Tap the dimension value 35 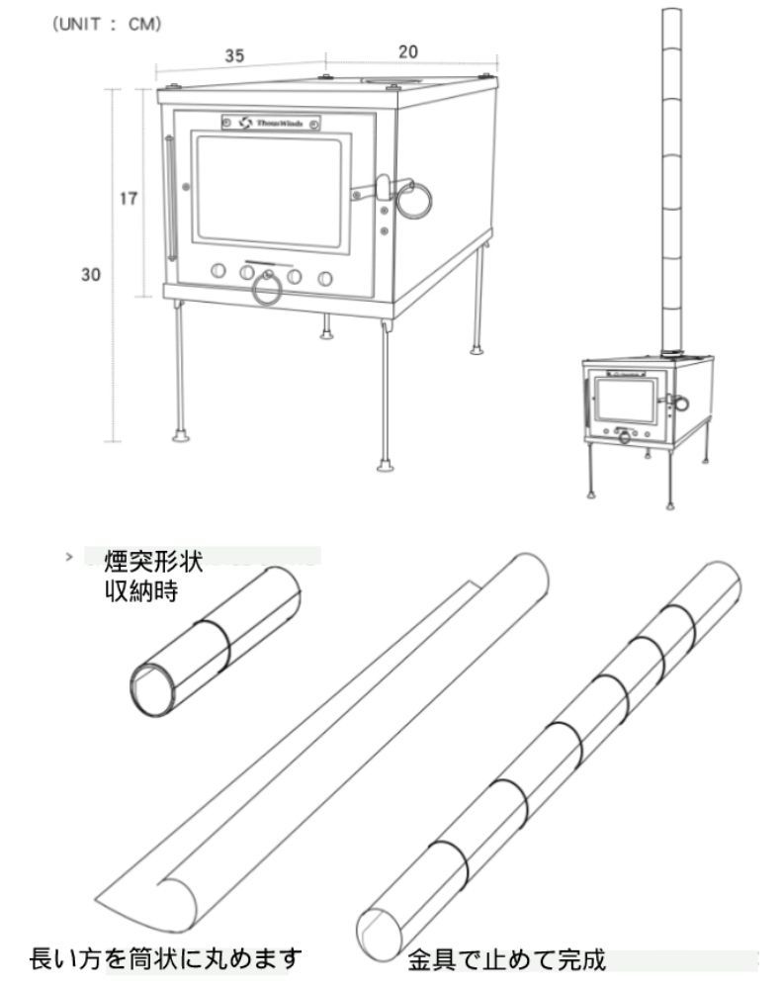234,56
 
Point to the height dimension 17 128,198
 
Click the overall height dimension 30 92,275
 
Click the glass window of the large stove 274,190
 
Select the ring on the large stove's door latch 414,201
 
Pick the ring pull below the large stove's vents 267,290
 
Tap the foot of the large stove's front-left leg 180,434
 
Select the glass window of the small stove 624,401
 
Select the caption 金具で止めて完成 506,959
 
